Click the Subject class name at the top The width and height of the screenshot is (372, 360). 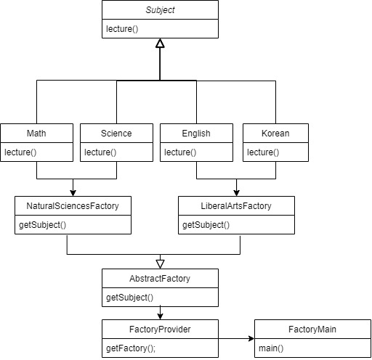click(159, 11)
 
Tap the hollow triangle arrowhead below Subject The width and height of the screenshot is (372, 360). click(160, 44)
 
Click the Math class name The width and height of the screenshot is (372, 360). click(36, 134)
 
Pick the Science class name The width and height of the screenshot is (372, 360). click(116, 134)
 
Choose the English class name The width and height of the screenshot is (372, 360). click(195, 134)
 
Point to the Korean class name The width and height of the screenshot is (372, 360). click(275, 134)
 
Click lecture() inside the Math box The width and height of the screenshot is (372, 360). click(20, 152)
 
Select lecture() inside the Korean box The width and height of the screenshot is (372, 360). click(263, 152)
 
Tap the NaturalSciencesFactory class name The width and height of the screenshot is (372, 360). click(73, 206)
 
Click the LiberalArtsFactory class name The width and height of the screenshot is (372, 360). click(236, 206)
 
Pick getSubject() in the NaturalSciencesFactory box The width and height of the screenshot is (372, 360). click(42, 224)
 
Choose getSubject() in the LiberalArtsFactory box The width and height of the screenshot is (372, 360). click(206, 224)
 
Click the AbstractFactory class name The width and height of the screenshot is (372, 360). click(160, 279)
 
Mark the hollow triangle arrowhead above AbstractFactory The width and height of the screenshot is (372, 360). click(160, 263)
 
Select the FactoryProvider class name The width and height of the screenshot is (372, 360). click(159, 330)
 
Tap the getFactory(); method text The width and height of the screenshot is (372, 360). click(131, 348)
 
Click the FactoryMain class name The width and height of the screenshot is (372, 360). click(312, 330)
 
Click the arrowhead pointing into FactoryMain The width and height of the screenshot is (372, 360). click(250, 338)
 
